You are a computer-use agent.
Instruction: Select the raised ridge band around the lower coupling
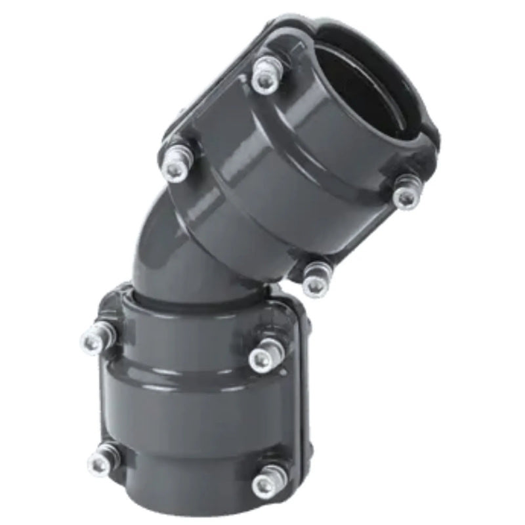[197, 381]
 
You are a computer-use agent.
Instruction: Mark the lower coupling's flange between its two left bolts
[105, 400]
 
